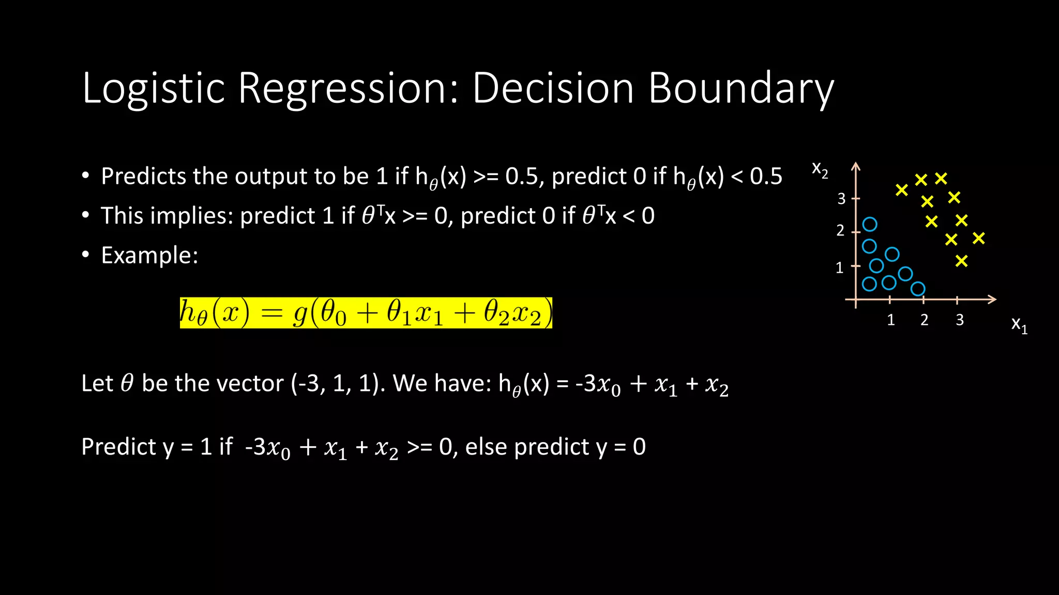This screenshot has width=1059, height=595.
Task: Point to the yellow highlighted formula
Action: coord(366,313)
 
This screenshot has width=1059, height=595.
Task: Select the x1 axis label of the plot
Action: coord(1019,325)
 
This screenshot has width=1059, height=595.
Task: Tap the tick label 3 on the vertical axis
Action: coord(841,199)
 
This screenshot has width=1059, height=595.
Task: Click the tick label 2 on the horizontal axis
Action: coord(924,320)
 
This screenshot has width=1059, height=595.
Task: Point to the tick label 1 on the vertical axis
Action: coord(839,268)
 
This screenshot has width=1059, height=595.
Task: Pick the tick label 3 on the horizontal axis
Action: coord(959,320)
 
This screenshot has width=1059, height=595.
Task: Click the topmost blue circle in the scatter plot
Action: coord(870,224)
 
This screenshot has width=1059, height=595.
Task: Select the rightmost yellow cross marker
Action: coord(978,238)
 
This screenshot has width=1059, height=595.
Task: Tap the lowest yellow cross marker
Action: coord(961,261)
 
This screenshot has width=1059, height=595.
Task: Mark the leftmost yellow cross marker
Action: coord(901,191)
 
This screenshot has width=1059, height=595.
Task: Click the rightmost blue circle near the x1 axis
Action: coord(918,289)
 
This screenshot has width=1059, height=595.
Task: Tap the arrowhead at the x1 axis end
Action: coord(992,300)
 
